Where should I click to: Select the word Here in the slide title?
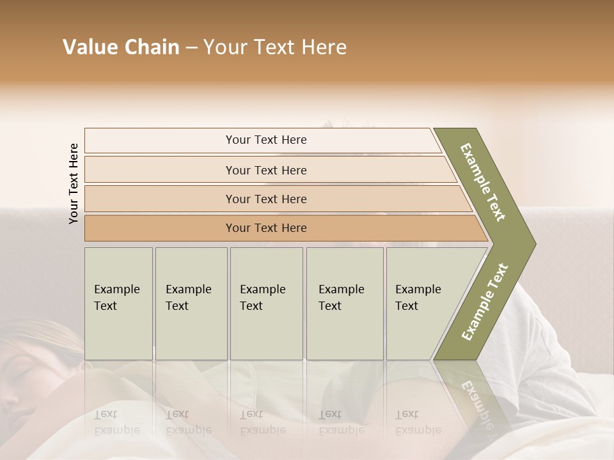click(x=324, y=47)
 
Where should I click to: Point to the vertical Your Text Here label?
click(x=74, y=183)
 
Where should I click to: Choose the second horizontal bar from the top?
click(x=265, y=170)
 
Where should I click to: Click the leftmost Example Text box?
click(x=118, y=303)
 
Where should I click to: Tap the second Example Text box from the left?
click(x=191, y=303)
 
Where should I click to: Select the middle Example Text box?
click(x=266, y=303)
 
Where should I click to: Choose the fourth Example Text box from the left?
click(x=344, y=303)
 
